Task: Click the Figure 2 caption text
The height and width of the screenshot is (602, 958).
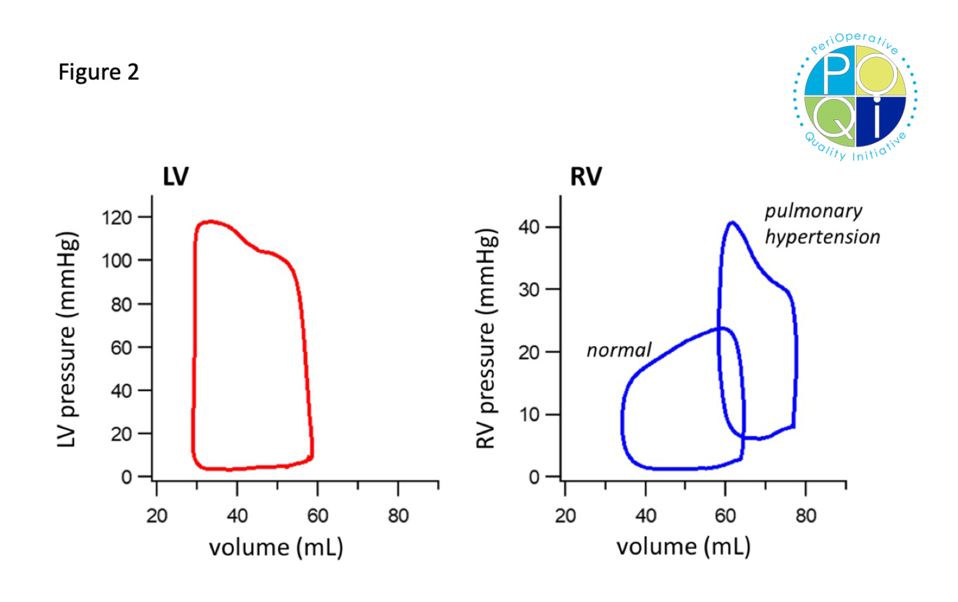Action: click(98, 72)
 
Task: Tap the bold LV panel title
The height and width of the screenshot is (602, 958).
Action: click(175, 176)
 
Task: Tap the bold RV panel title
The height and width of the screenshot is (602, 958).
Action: click(586, 176)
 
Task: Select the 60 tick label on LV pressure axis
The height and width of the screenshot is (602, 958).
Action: click(121, 348)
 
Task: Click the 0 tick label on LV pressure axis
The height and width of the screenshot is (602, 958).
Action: click(126, 477)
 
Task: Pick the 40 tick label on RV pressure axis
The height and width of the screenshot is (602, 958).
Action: click(529, 228)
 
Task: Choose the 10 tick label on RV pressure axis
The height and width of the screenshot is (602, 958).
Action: click(529, 415)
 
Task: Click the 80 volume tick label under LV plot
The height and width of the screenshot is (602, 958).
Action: click(398, 516)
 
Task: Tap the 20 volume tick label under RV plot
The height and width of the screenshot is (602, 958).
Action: click(565, 516)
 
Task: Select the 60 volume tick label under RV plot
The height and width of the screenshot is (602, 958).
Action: click(726, 516)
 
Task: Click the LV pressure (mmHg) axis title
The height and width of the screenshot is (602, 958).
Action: click(67, 339)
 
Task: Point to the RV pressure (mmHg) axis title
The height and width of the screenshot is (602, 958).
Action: click(487, 339)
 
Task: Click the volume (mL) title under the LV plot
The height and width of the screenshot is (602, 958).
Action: click(276, 548)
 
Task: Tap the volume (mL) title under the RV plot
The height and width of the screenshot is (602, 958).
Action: click(683, 547)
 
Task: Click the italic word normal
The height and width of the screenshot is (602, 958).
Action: click(618, 350)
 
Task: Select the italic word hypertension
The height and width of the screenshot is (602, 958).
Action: click(823, 237)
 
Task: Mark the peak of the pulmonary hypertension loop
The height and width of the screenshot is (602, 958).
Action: click(732, 222)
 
